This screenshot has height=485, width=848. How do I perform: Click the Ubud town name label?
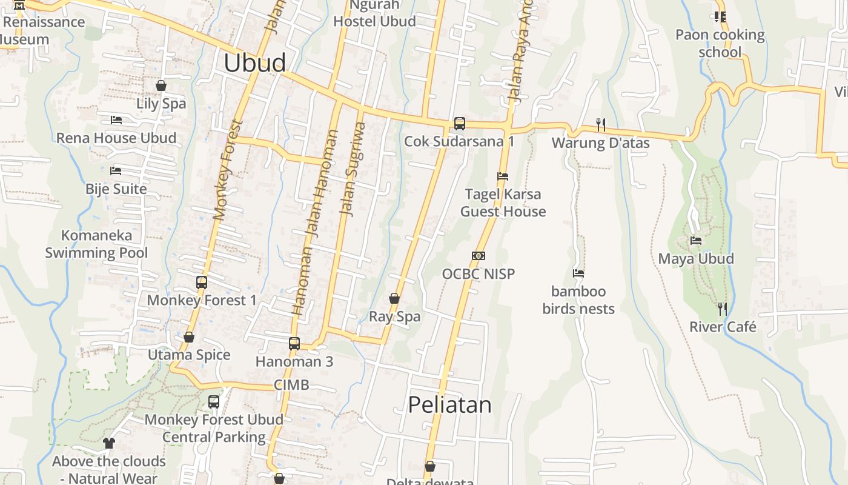(x=254, y=63)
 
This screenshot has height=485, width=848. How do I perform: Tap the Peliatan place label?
(x=449, y=404)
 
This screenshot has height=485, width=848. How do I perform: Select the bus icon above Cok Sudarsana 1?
(x=460, y=124)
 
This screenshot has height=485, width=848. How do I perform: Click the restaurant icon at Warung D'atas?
(x=601, y=124)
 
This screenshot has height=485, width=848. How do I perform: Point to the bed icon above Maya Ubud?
(x=696, y=240)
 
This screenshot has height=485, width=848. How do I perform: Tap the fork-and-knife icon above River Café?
(x=722, y=309)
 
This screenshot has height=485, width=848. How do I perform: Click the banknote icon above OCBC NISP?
(x=479, y=256)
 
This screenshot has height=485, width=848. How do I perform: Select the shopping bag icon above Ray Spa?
(x=394, y=298)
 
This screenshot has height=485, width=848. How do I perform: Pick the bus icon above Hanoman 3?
(x=294, y=344)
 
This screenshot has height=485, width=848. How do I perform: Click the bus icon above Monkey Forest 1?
(x=202, y=283)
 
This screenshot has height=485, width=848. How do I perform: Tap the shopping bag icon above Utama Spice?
(x=189, y=337)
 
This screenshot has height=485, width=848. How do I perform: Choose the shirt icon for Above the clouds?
(x=109, y=443)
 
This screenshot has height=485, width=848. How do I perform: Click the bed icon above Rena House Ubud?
(x=116, y=120)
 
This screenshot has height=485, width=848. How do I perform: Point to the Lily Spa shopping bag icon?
(x=161, y=85)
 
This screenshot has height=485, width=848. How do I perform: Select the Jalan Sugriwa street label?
(x=353, y=169)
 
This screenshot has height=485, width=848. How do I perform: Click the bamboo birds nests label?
(x=578, y=300)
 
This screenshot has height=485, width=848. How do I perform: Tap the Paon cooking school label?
(x=720, y=43)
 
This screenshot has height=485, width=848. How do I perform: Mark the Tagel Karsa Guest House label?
(x=503, y=202)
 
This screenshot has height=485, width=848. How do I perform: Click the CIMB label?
(x=291, y=384)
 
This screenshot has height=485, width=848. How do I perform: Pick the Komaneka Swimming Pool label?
(x=96, y=244)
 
